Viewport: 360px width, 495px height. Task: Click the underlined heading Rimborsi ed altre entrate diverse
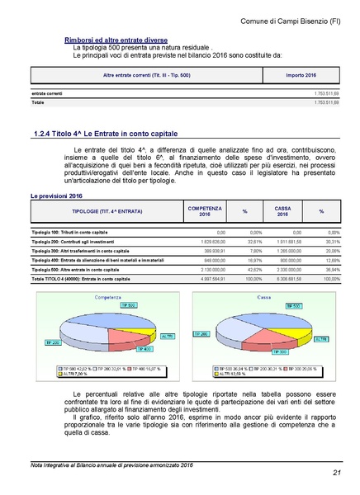click(x=116, y=40)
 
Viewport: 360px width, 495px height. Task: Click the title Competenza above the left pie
click(x=112, y=295)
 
